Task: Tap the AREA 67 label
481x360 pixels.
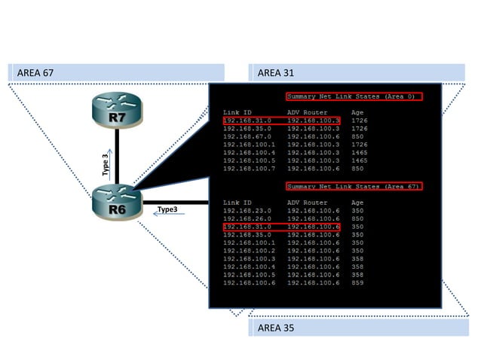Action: [x=36, y=72]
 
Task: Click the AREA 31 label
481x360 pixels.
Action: [x=275, y=72]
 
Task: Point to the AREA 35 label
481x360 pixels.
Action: [x=275, y=328]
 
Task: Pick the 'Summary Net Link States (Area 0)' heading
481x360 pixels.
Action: [x=354, y=96]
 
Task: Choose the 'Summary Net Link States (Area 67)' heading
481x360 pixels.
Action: [x=354, y=186]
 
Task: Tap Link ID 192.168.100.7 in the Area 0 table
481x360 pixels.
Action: [x=249, y=169]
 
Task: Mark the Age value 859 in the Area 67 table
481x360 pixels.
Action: [x=357, y=282]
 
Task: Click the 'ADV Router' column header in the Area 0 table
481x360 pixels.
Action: [x=307, y=112]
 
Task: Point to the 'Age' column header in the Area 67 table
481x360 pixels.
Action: [x=357, y=202]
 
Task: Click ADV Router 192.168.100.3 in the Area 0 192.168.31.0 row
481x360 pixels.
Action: [x=313, y=121]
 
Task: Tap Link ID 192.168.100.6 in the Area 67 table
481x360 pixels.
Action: [x=249, y=282]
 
